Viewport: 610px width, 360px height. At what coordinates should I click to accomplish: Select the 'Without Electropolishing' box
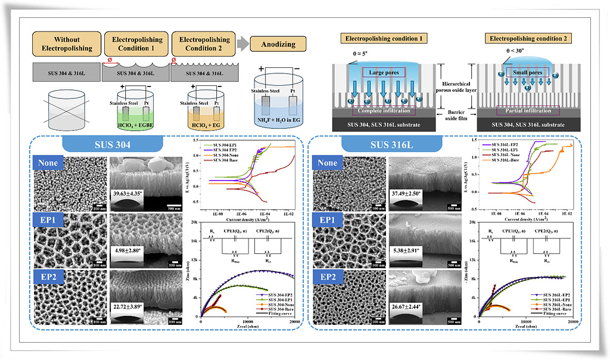(66, 44)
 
